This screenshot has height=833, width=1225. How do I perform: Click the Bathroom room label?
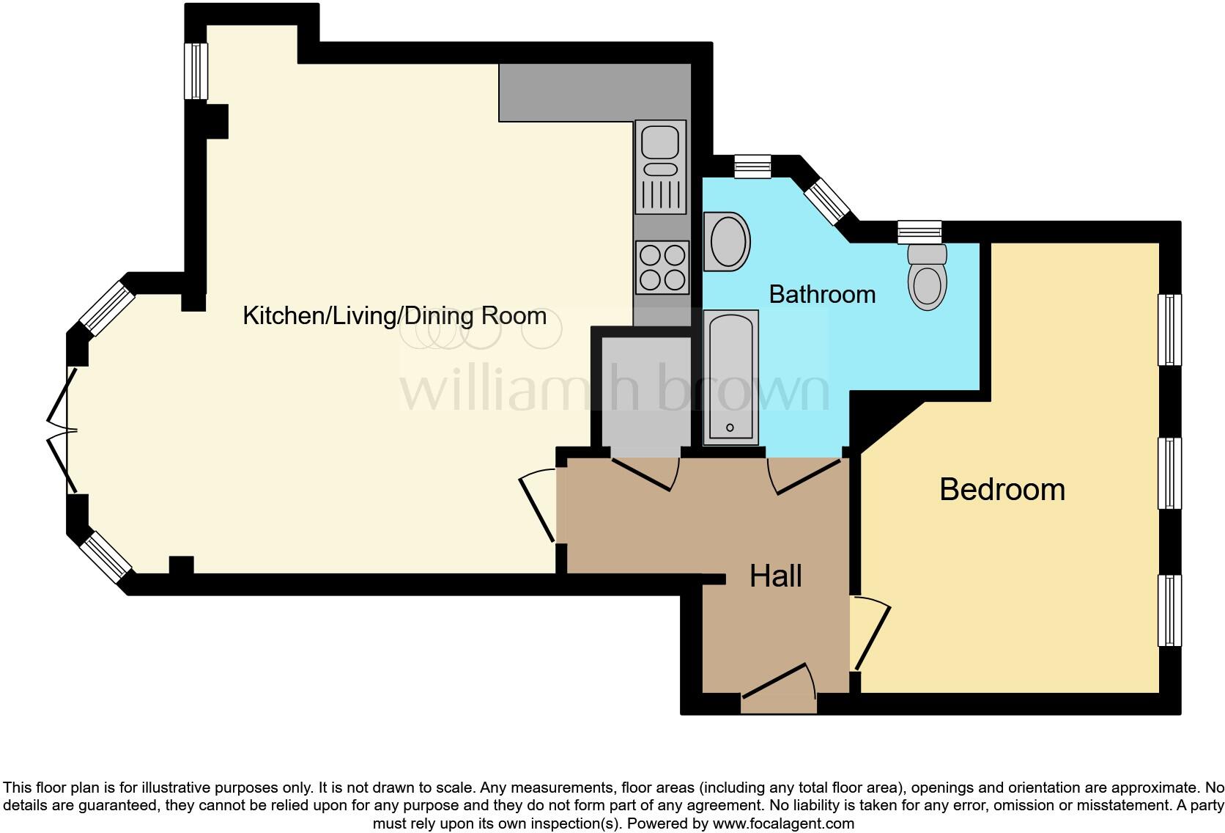click(x=822, y=294)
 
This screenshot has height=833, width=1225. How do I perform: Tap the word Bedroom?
click(x=1002, y=489)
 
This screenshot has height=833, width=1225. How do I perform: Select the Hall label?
click(x=775, y=576)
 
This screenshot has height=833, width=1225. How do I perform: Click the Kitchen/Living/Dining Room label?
click(x=394, y=316)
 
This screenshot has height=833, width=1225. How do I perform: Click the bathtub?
click(x=730, y=378)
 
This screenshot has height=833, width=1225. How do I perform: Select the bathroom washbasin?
click(x=726, y=241)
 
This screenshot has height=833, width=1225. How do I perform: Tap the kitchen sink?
click(x=661, y=167)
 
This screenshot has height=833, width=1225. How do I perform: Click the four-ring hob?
click(x=662, y=267)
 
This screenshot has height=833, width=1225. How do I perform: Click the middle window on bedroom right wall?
click(x=1169, y=473)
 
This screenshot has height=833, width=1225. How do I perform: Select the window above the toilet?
click(x=919, y=232)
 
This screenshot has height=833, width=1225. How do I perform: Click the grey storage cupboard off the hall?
click(x=645, y=396)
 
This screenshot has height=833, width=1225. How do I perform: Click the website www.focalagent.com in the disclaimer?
click(x=783, y=823)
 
